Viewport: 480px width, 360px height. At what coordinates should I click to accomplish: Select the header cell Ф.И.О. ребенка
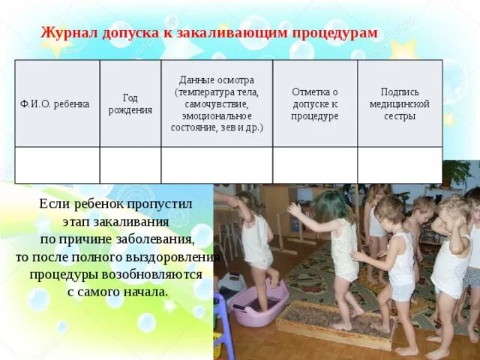pyautogui.click(x=57, y=103)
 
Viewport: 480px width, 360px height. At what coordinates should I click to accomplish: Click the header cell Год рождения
pyautogui.click(x=130, y=103)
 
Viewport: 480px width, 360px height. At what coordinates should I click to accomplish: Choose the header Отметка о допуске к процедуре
pyautogui.click(x=314, y=103)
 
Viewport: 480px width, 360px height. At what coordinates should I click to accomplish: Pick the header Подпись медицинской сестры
pyautogui.click(x=399, y=103)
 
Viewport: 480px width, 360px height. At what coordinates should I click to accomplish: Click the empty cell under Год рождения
pyautogui.click(x=130, y=165)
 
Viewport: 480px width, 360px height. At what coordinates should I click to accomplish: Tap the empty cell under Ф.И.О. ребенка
pyautogui.click(x=57, y=165)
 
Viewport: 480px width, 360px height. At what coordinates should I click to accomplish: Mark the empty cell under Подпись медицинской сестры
pyautogui.click(x=399, y=165)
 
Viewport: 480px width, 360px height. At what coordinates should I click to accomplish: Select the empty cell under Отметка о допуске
pyautogui.click(x=314, y=165)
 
